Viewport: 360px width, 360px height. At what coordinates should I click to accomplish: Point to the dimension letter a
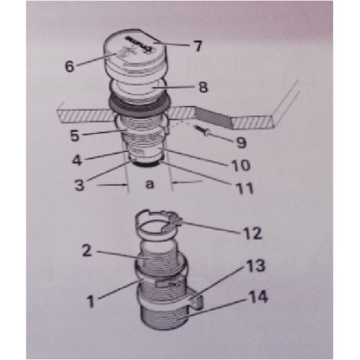point(149,184)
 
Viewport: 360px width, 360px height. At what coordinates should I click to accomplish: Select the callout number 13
point(253,264)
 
